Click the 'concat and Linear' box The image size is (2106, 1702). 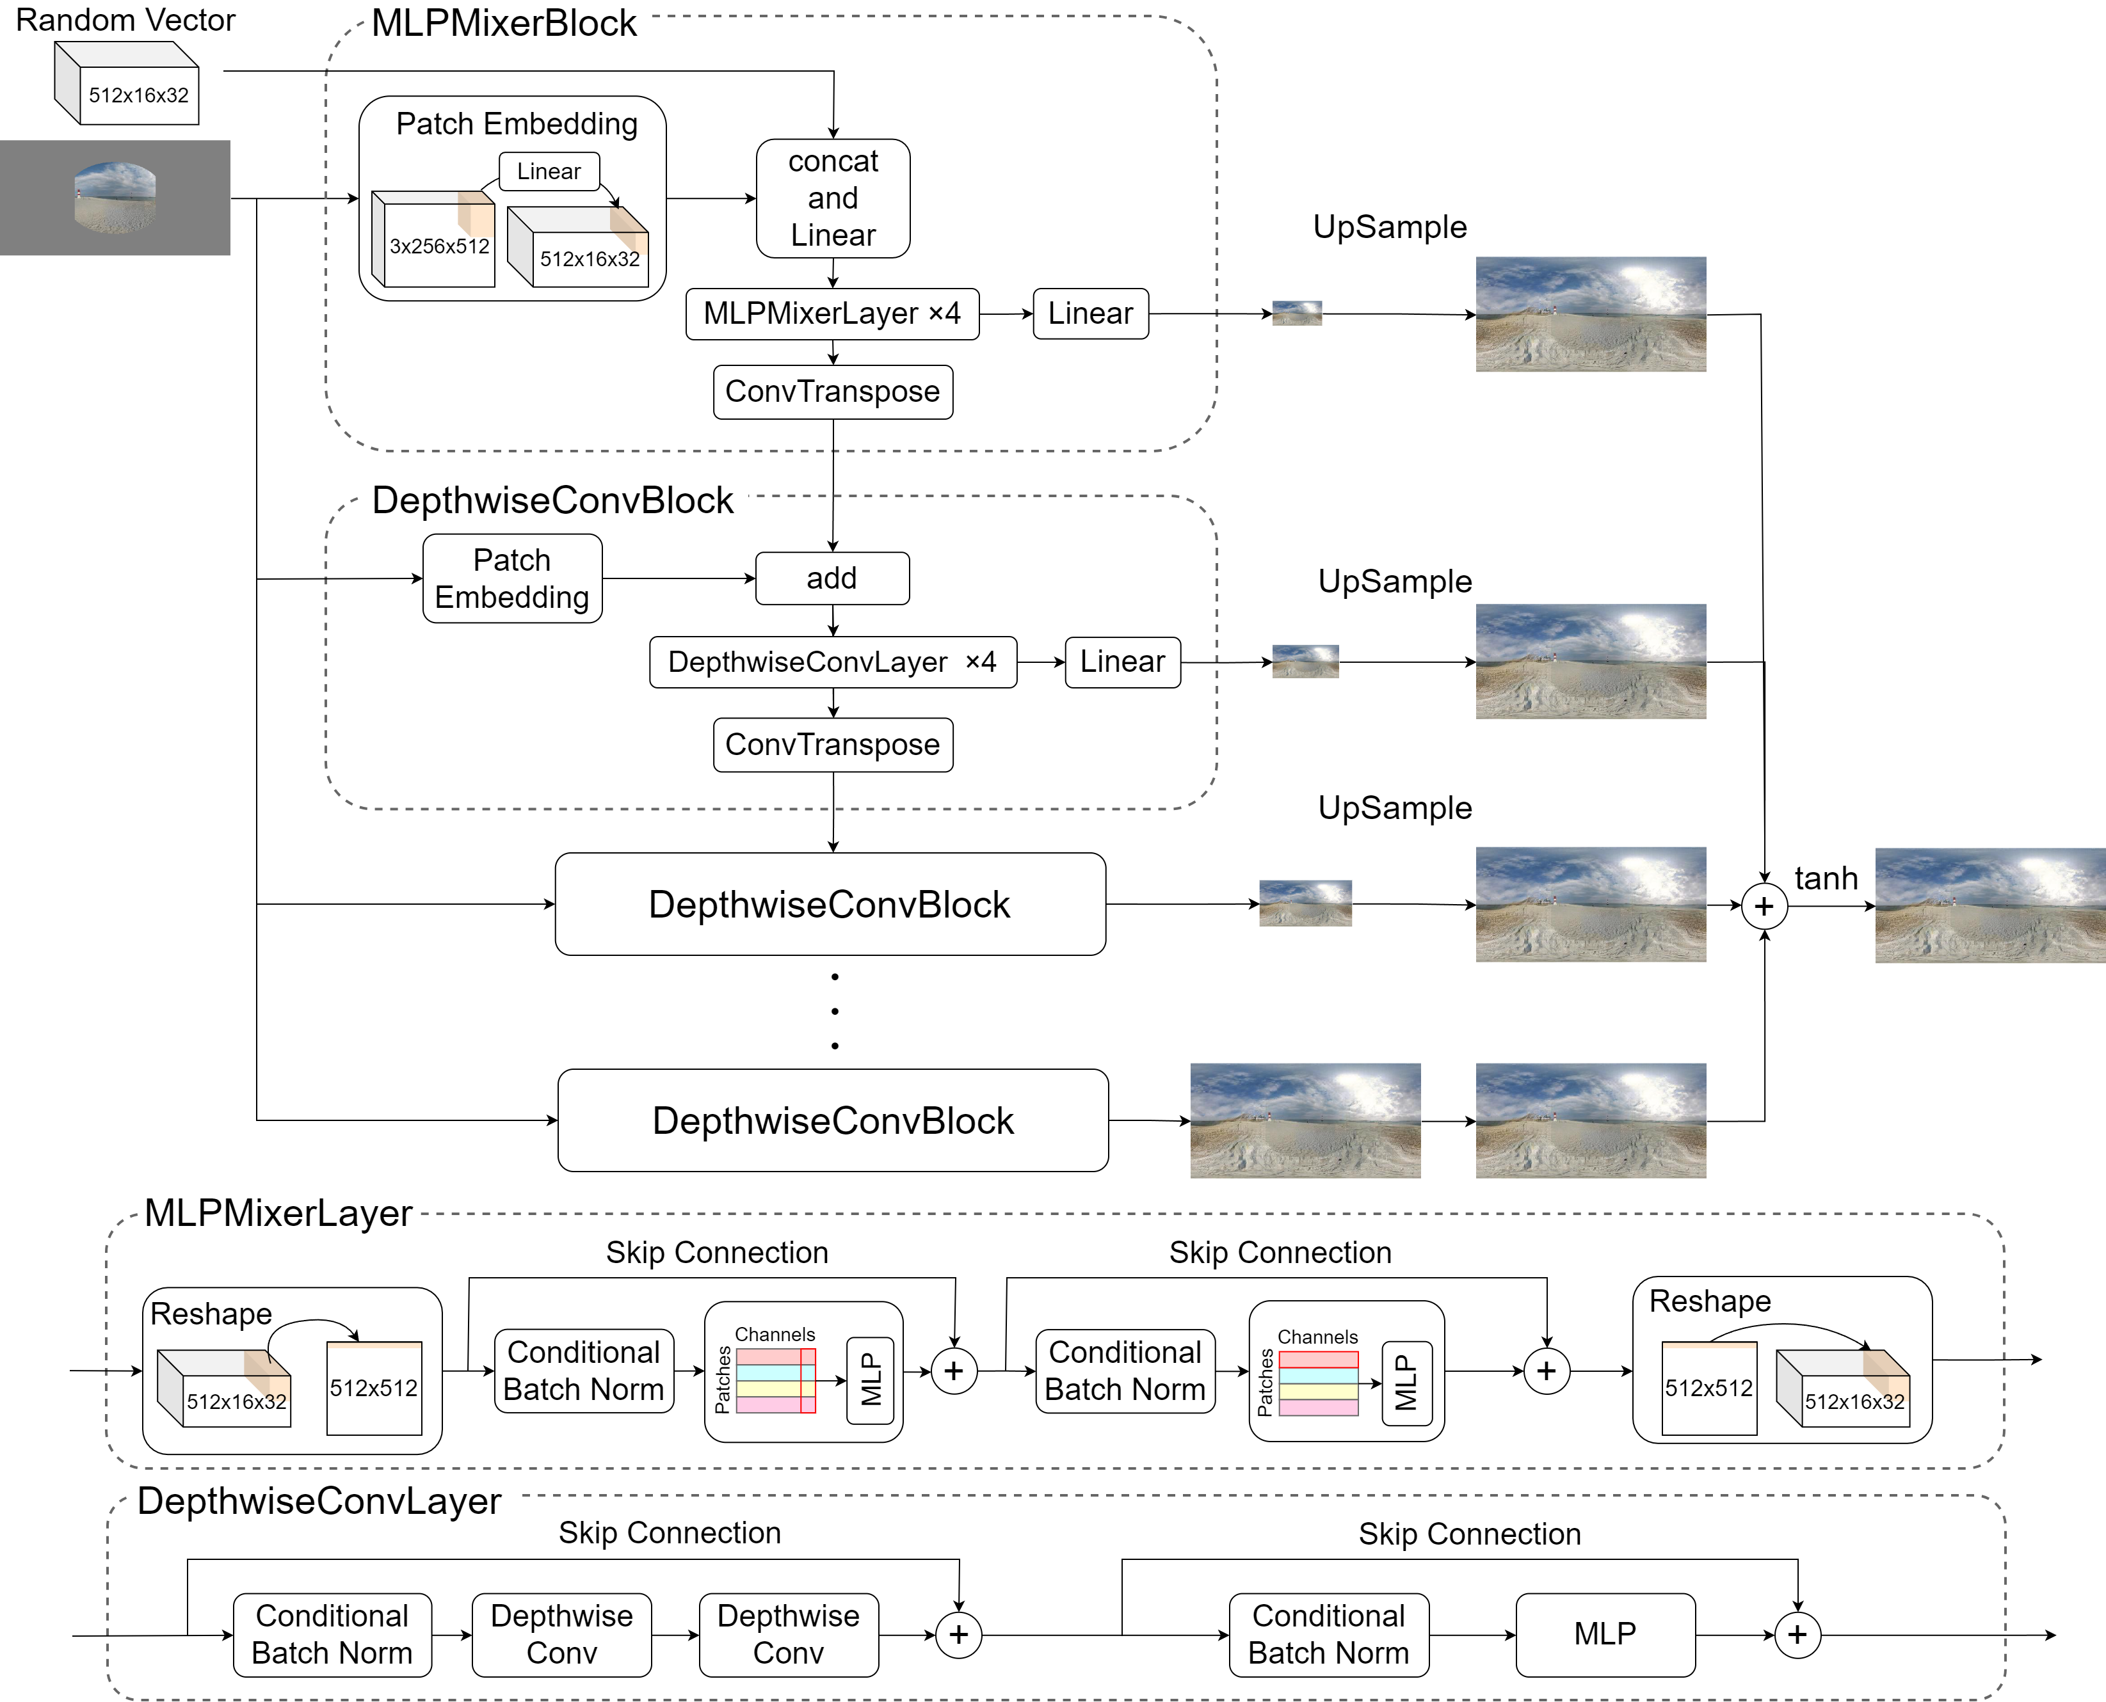tap(833, 198)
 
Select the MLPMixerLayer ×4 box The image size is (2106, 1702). tap(832, 314)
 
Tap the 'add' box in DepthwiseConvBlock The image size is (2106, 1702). tap(832, 578)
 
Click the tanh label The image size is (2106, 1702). tap(1826, 879)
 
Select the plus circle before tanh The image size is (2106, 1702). tap(1764, 906)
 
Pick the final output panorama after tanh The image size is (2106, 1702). tap(1990, 906)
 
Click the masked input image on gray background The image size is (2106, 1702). tap(115, 198)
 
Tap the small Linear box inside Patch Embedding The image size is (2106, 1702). tap(549, 171)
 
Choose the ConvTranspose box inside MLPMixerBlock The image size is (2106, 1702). tap(832, 392)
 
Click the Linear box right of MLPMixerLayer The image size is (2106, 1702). tap(1089, 314)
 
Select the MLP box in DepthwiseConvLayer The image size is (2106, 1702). tap(1605, 1634)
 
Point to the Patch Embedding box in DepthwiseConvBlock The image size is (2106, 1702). tap(512, 578)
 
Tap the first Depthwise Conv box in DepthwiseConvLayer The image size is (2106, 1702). tap(561, 1634)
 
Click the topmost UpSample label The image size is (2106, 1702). tap(1389, 227)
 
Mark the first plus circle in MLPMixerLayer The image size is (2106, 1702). tap(953, 1371)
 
